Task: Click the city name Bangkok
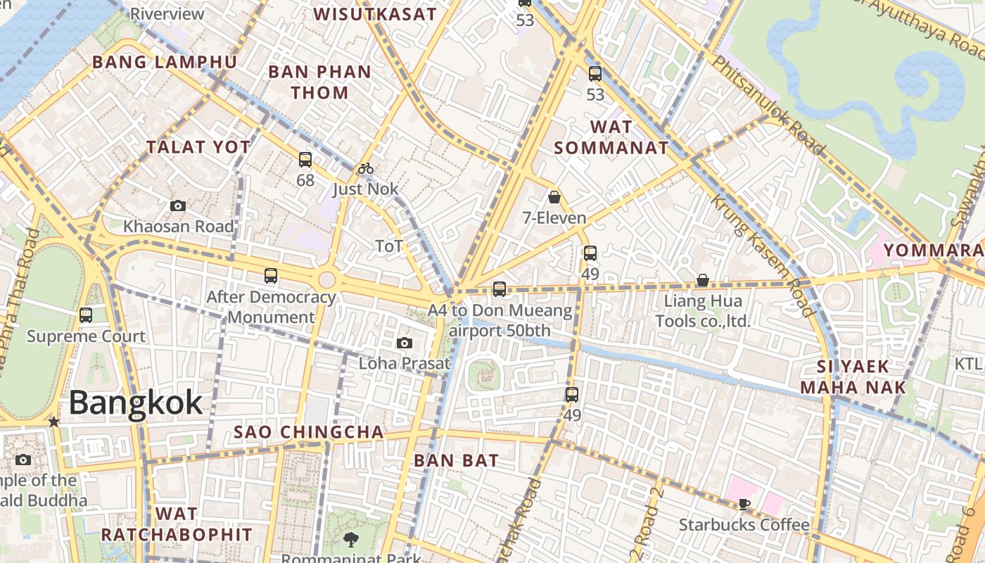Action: pyautogui.click(x=136, y=403)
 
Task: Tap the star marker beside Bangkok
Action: pyautogui.click(x=53, y=422)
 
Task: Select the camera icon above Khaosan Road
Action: pyautogui.click(x=178, y=206)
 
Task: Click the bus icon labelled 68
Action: pyautogui.click(x=305, y=160)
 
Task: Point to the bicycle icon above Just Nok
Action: pyautogui.click(x=365, y=168)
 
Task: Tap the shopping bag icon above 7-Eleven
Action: pyautogui.click(x=554, y=197)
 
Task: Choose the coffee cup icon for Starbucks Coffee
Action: pyautogui.click(x=744, y=504)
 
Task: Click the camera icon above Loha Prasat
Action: pyautogui.click(x=404, y=343)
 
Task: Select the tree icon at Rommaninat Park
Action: pyautogui.click(x=350, y=540)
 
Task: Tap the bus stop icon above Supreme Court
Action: pyautogui.click(x=86, y=315)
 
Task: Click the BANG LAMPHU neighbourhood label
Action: pyautogui.click(x=165, y=62)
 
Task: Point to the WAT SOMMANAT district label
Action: pyautogui.click(x=611, y=138)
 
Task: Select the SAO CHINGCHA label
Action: pyautogui.click(x=309, y=432)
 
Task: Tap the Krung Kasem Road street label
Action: pyautogui.click(x=763, y=255)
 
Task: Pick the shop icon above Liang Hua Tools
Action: pyautogui.click(x=702, y=281)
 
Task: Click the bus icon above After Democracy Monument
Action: pyautogui.click(x=271, y=276)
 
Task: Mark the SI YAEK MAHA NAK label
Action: pyautogui.click(x=853, y=377)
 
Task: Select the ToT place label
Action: pyautogui.click(x=389, y=246)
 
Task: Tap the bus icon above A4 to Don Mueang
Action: pyautogui.click(x=500, y=289)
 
